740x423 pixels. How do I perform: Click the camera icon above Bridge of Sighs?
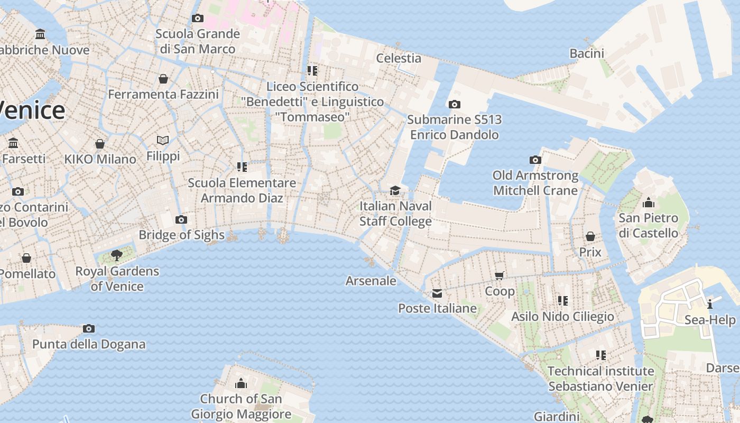pyautogui.click(x=181, y=219)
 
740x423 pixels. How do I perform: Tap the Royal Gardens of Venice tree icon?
pyautogui.click(x=117, y=256)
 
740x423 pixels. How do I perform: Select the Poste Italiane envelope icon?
pyautogui.click(x=437, y=293)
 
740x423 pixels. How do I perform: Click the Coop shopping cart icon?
pyautogui.click(x=499, y=275)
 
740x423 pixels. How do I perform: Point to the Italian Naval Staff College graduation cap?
pyautogui.click(x=395, y=190)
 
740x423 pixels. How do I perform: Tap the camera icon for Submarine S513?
pyautogui.click(x=454, y=104)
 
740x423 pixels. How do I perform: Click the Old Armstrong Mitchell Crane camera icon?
pyautogui.click(x=535, y=160)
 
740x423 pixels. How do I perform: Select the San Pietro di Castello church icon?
pyautogui.click(x=648, y=203)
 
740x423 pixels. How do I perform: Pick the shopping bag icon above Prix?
pyautogui.click(x=590, y=236)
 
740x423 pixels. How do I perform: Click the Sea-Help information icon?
pyautogui.click(x=710, y=304)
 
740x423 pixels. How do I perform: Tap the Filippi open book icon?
pyautogui.click(x=163, y=140)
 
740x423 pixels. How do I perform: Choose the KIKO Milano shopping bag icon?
pyautogui.click(x=99, y=143)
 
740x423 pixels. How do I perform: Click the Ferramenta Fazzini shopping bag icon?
pyautogui.click(x=163, y=79)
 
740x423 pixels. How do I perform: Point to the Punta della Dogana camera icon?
pyautogui.click(x=89, y=328)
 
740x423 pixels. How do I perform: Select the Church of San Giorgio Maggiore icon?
pyautogui.click(x=241, y=383)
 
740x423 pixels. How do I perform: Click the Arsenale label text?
pyautogui.click(x=371, y=281)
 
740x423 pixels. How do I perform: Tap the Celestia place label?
pyautogui.click(x=399, y=58)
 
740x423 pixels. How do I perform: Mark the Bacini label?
pyautogui.click(x=587, y=53)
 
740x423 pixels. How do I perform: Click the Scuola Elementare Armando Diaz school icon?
pyautogui.click(x=242, y=167)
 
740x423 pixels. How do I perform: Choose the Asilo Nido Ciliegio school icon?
pyautogui.click(x=563, y=301)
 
